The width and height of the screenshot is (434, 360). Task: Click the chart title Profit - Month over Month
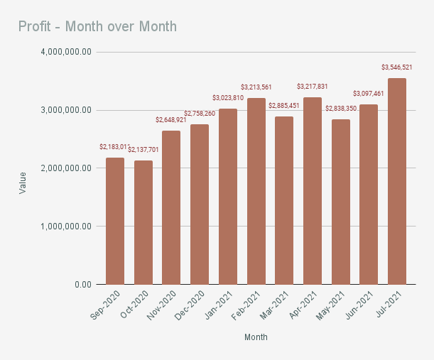coord(97,27)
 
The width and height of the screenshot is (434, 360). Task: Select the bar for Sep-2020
coord(115,221)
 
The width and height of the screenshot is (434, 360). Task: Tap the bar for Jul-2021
coord(397,181)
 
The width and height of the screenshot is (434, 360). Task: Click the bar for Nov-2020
coord(171,207)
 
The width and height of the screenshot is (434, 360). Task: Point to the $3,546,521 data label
coord(396,67)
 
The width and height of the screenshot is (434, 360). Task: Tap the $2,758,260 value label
coord(200,114)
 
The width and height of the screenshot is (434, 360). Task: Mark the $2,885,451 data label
coord(284,106)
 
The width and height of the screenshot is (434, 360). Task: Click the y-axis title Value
coord(23,182)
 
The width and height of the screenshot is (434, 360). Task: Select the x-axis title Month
coord(256,337)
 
